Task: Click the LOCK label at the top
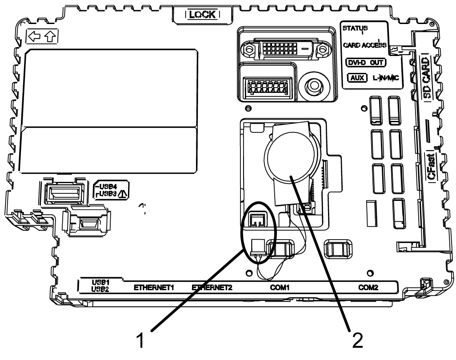pos(202,14)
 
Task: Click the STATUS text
pos(352,28)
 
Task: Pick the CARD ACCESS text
pos(364,45)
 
